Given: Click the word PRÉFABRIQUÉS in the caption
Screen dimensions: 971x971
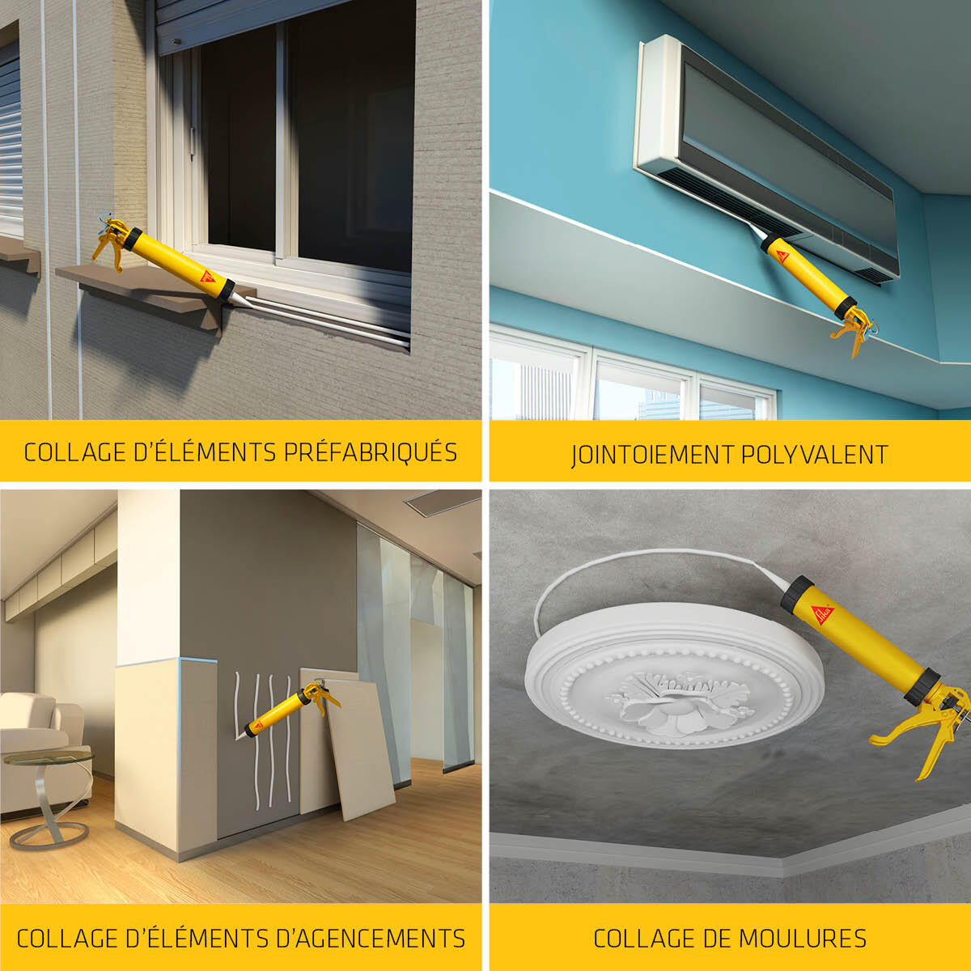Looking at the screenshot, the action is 371,452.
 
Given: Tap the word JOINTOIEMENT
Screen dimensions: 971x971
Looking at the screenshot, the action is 652,455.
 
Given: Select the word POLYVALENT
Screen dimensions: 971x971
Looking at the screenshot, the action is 814,454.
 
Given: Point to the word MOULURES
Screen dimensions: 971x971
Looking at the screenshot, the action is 803,938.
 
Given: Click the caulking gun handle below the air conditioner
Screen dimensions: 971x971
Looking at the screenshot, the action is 854,330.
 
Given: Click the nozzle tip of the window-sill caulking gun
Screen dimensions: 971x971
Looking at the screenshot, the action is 250,307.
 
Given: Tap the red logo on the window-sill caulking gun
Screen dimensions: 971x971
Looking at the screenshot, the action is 207,277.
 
